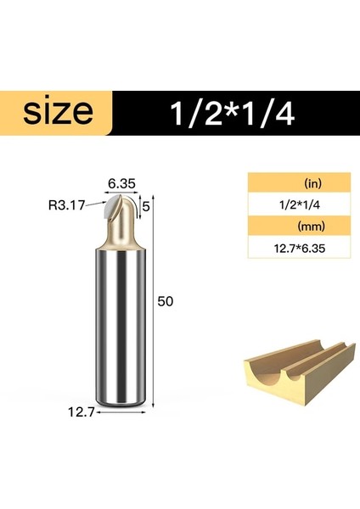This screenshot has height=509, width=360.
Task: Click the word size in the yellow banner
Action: pyautogui.click(x=58, y=112)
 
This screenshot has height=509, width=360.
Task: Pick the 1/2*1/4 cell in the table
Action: pyautogui.click(x=300, y=204)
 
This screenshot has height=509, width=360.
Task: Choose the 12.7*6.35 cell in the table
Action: pyautogui.click(x=300, y=249)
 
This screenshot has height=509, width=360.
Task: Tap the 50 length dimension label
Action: pyautogui.click(x=166, y=303)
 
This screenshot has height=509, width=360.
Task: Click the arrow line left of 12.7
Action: pyautogui.click(x=93, y=413)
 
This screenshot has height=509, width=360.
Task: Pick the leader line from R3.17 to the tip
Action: pyautogui.click(x=97, y=204)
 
